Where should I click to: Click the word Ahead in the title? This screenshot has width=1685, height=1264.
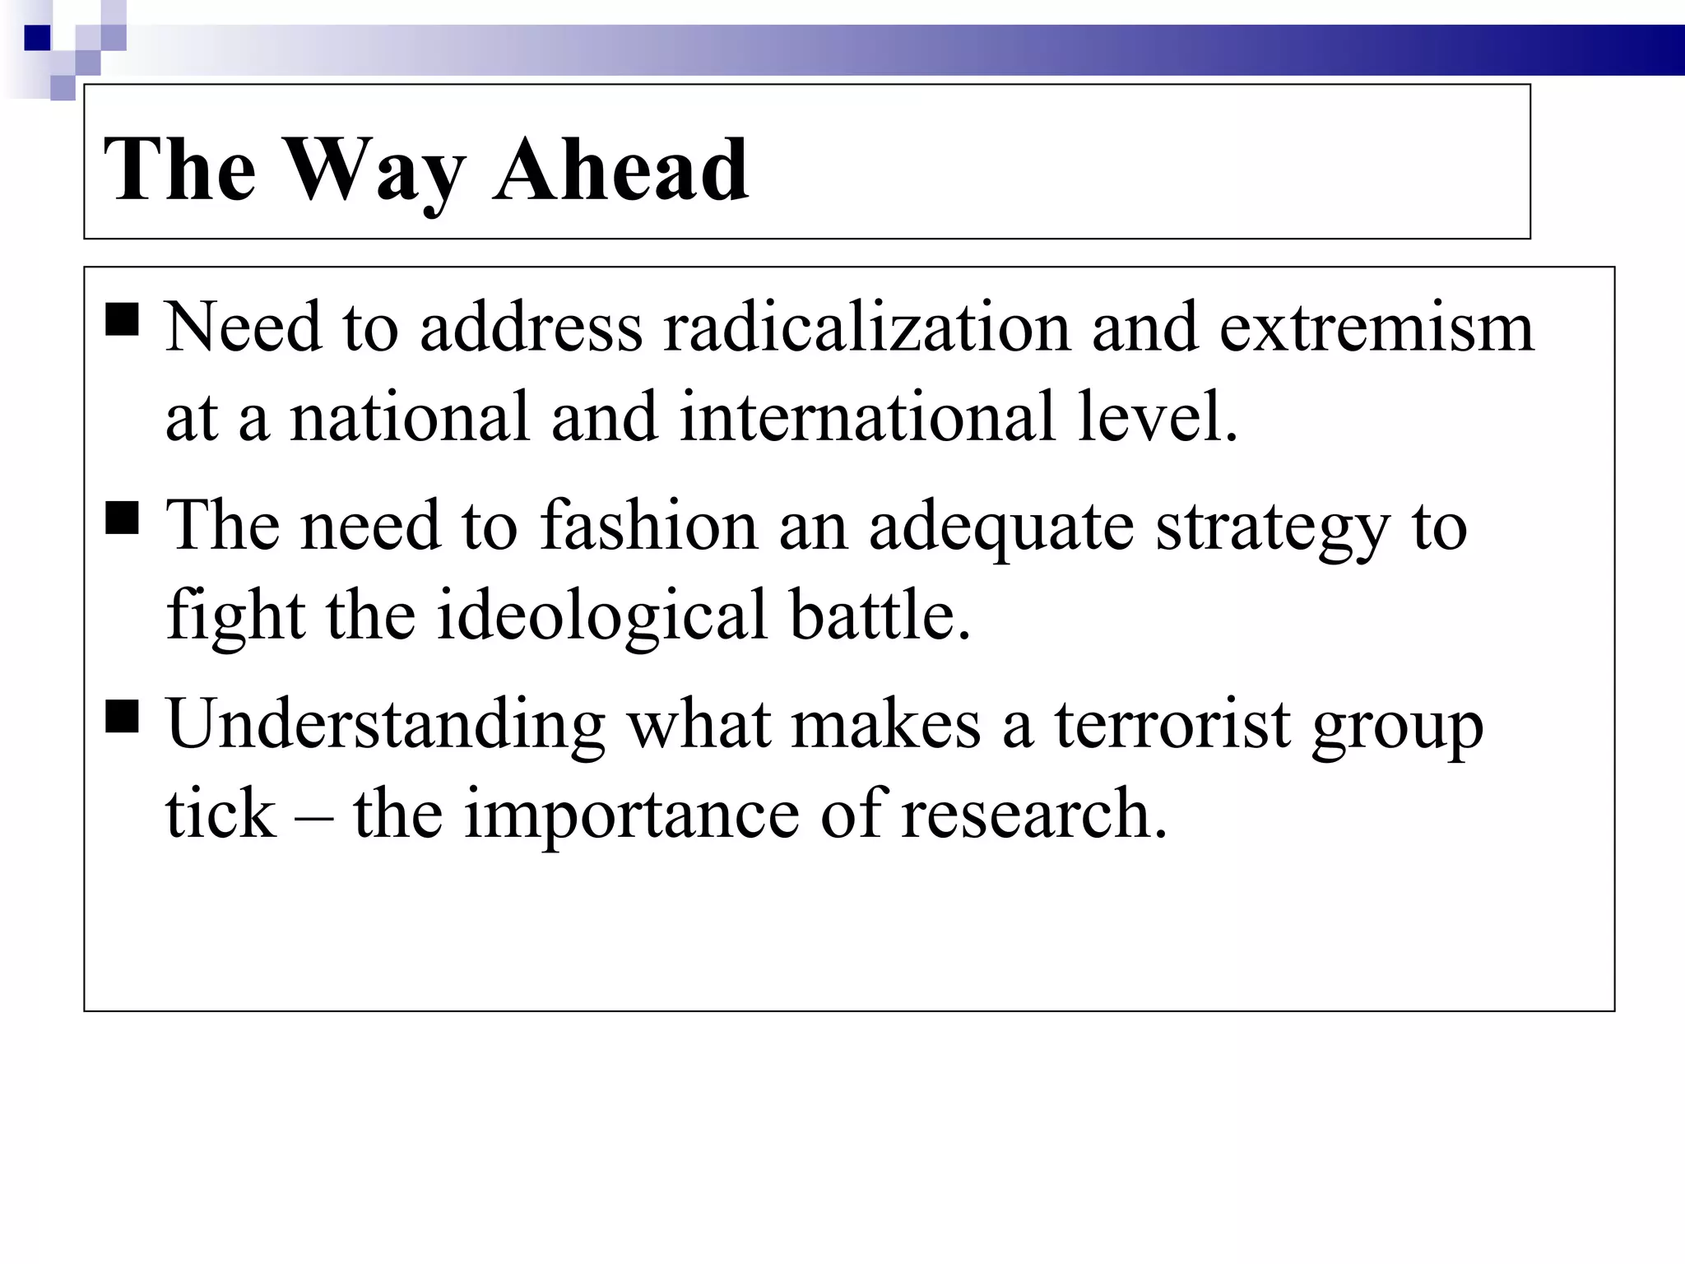pos(621,170)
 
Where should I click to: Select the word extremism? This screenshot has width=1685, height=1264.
pos(1376,328)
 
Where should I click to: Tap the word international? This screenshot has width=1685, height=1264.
pos(867,416)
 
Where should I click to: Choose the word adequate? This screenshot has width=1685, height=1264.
pos(1001,527)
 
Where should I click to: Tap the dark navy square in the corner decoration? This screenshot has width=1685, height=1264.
pos(37,37)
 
